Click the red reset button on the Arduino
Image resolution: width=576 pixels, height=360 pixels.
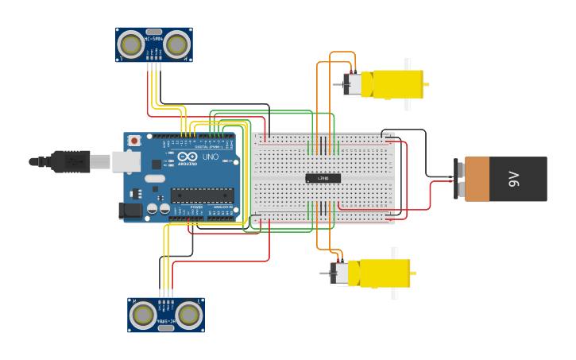[134, 141]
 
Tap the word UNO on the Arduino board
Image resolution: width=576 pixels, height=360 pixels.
[211, 157]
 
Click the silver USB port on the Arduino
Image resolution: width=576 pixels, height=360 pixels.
[122, 161]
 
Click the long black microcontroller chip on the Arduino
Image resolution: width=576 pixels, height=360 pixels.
[202, 195]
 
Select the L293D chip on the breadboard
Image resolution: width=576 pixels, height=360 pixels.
[323, 178]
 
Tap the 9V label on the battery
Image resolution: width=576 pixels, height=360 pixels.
[514, 179]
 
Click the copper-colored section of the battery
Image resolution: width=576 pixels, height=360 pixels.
[477, 179]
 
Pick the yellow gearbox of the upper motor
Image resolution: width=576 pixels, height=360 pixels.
[396, 84]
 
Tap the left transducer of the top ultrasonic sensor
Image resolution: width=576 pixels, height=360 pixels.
[130, 45]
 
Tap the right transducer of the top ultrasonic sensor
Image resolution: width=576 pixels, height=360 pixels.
[176, 45]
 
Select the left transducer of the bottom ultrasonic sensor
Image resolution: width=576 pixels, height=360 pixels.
[143, 315]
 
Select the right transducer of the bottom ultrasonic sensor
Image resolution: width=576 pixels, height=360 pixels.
[189, 315]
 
